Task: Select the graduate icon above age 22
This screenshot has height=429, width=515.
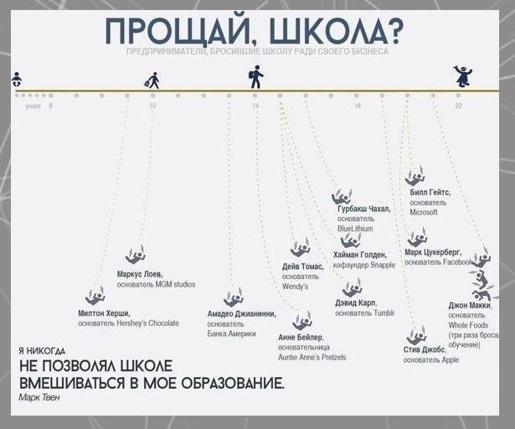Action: point(462,76)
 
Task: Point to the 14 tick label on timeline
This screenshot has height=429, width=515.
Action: point(255,106)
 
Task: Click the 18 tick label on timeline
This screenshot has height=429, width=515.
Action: point(357,106)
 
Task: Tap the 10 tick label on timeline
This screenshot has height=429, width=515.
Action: point(152,106)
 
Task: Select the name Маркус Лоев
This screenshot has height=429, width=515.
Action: point(141,274)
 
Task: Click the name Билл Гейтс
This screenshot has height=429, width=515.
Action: point(430,192)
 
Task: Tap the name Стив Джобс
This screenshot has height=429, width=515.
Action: point(424,349)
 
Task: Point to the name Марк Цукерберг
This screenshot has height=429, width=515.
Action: point(432,251)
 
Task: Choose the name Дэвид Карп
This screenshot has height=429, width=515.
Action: point(356,302)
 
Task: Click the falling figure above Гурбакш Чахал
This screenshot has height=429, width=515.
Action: point(341,197)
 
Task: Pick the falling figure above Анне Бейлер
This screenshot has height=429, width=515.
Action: point(301,321)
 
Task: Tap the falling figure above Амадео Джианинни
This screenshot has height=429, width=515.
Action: point(233,297)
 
